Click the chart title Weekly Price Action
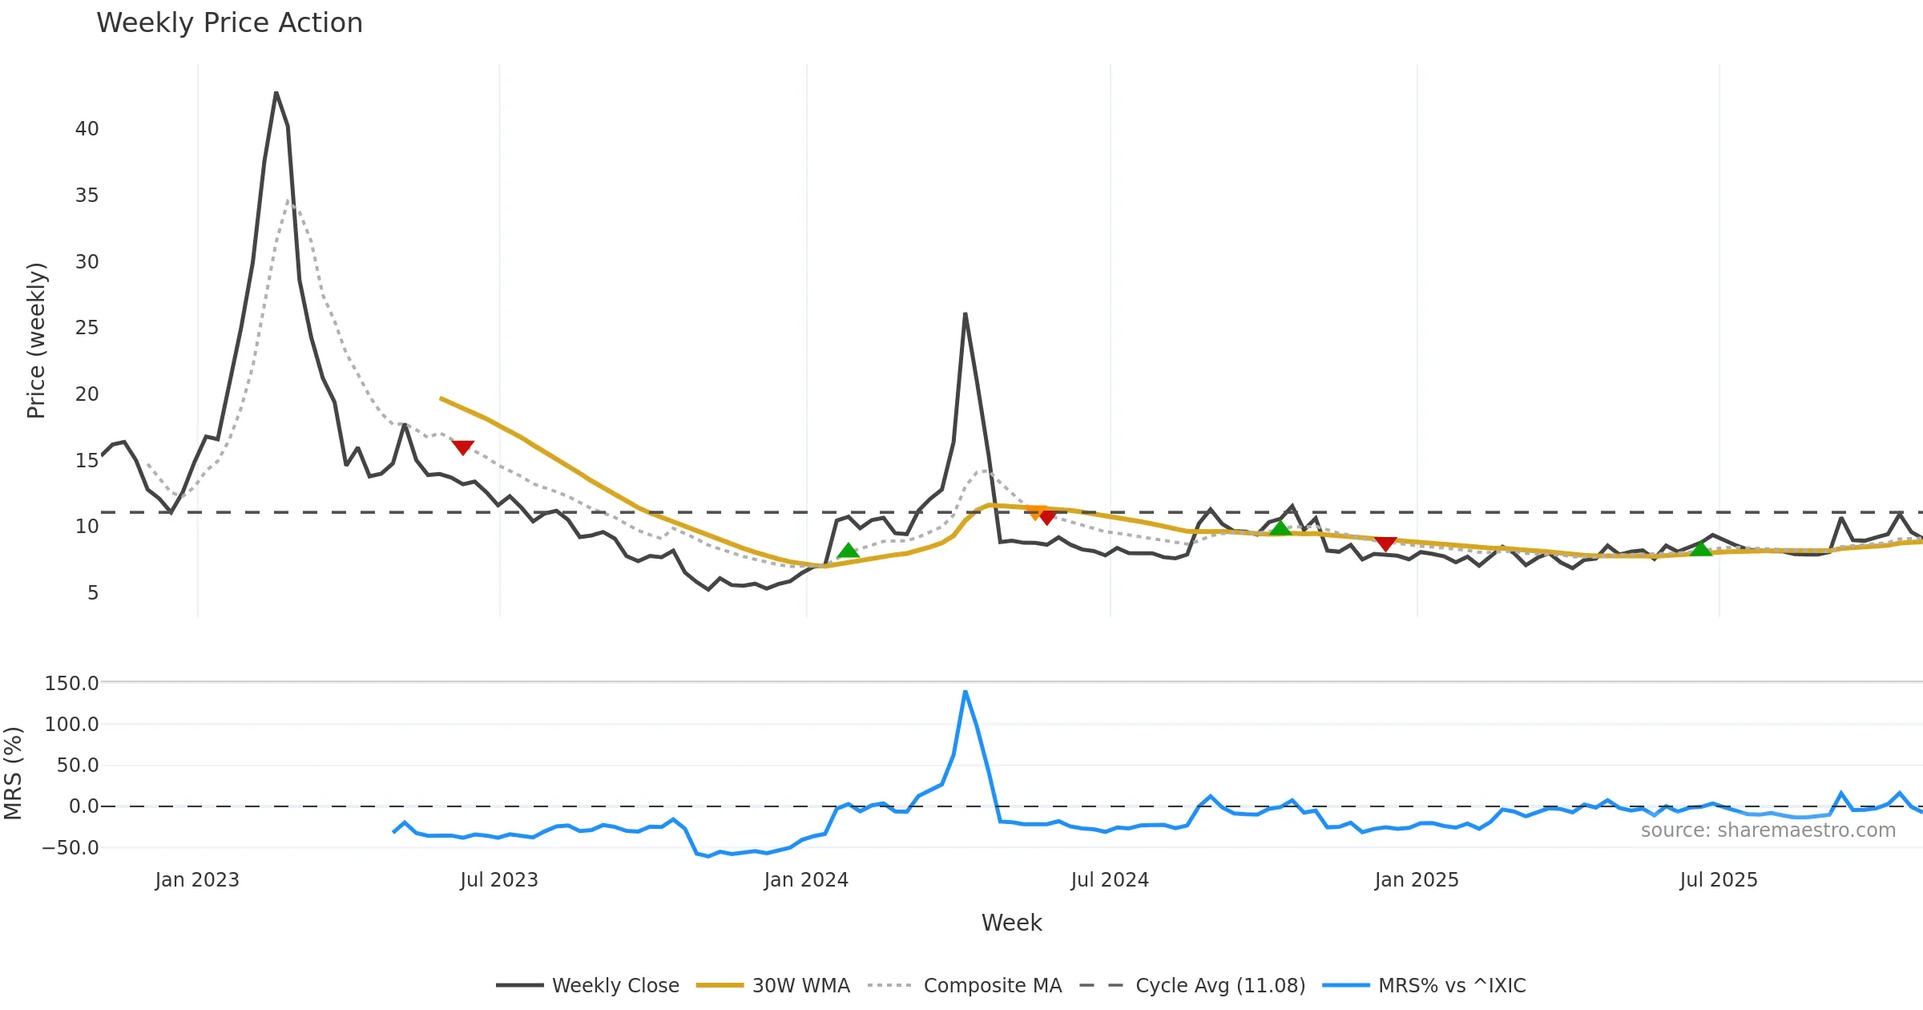(x=229, y=23)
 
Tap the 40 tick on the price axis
(x=87, y=129)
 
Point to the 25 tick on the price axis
(x=87, y=328)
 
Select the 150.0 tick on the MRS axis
(x=71, y=684)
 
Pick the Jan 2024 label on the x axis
(x=805, y=880)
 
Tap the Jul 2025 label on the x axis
(x=1718, y=880)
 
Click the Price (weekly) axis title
(x=36, y=341)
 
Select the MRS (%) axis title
(x=13, y=774)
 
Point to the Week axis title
(x=1011, y=923)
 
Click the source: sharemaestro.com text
(x=1768, y=830)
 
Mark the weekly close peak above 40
(x=276, y=93)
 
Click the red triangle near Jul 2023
(x=462, y=446)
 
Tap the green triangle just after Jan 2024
(x=848, y=551)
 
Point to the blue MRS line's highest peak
(x=966, y=692)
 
